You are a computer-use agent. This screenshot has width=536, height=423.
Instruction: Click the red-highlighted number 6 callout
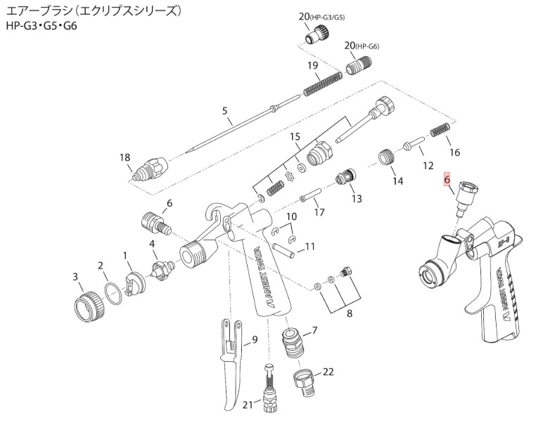(x=447, y=180)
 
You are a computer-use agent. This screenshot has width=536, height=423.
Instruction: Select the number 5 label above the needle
(x=225, y=110)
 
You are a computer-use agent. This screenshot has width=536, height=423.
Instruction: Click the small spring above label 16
(x=440, y=131)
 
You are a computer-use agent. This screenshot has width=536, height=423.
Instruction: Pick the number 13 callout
(x=357, y=199)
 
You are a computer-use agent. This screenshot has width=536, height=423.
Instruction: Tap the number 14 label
(x=397, y=181)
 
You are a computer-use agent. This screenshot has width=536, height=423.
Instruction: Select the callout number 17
(x=319, y=211)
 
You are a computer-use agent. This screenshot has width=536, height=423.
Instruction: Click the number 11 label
(x=310, y=247)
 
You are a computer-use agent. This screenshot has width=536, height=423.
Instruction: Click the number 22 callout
(x=328, y=372)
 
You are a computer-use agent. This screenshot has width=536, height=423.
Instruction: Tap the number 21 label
(x=247, y=405)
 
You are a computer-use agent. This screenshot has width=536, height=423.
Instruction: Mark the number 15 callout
(x=295, y=136)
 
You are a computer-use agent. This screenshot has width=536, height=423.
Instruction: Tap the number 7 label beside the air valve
(x=314, y=330)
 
